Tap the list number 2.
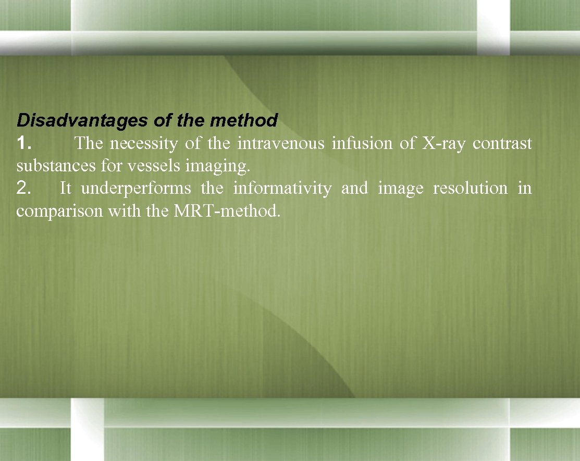click(24, 188)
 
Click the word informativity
click(281, 188)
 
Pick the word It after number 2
click(65, 188)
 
